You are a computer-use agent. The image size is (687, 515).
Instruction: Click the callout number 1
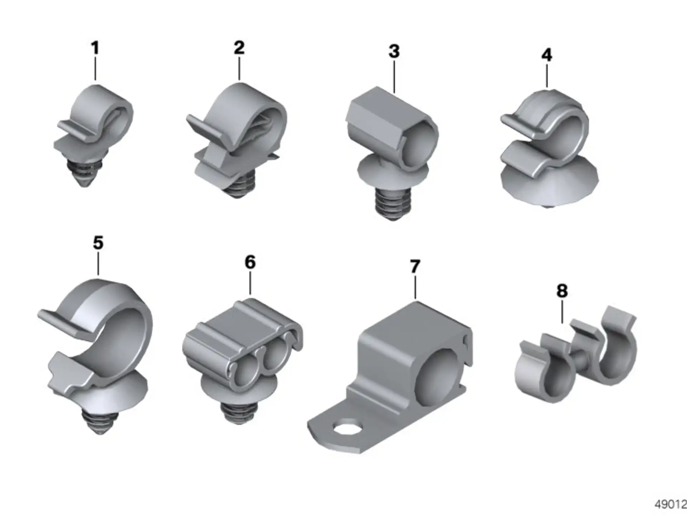click(x=95, y=48)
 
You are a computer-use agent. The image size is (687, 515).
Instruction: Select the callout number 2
click(x=239, y=48)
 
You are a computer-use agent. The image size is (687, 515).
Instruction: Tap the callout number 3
click(x=394, y=51)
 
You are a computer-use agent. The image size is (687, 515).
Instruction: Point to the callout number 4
click(x=547, y=55)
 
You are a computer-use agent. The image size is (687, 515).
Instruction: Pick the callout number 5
click(x=98, y=243)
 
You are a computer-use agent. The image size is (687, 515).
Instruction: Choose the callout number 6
click(x=250, y=262)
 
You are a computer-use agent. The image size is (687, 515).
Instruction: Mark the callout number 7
click(x=415, y=266)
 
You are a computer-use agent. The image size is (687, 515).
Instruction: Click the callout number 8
click(x=562, y=291)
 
